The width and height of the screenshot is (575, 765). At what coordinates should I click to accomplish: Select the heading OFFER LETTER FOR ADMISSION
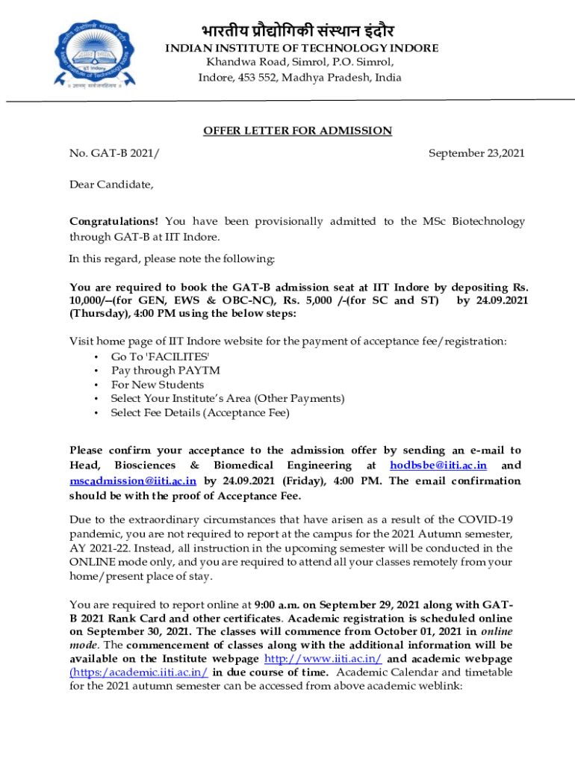pyautogui.click(x=297, y=131)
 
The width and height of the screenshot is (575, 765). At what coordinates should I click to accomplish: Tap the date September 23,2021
pyautogui.click(x=476, y=153)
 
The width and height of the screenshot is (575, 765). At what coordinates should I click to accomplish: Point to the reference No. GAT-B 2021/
pyautogui.click(x=114, y=153)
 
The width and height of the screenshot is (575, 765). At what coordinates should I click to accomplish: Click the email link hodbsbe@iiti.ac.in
pyautogui.click(x=438, y=465)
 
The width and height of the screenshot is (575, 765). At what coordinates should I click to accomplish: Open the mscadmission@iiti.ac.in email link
pyautogui.click(x=133, y=481)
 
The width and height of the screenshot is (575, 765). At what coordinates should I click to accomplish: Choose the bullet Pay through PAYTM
pyautogui.click(x=165, y=370)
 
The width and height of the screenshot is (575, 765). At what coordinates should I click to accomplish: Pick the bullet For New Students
pyautogui.click(x=157, y=384)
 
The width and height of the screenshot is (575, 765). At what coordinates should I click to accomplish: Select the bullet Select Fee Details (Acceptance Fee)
pyautogui.click(x=199, y=412)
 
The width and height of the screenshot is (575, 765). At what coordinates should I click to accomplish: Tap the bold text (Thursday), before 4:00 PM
pyautogui.click(x=99, y=314)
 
